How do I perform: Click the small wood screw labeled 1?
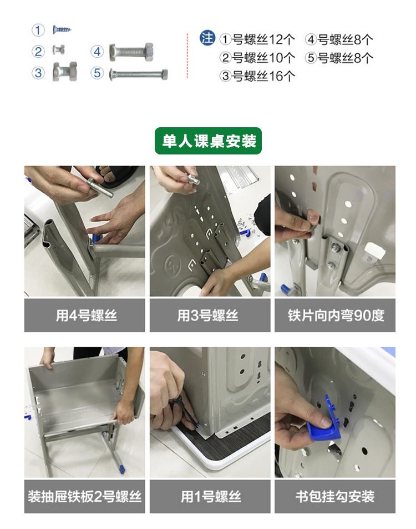pyautogui.click(x=62, y=29)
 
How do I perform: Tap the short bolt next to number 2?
pyautogui.click(x=59, y=50)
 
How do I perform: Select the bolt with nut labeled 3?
pyautogui.click(x=65, y=71)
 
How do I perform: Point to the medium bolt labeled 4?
pyautogui.click(x=131, y=52)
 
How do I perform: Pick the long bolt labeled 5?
pyautogui.click(x=138, y=74)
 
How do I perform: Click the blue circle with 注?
pyautogui.click(x=207, y=38)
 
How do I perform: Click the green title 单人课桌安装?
pyautogui.click(x=208, y=141)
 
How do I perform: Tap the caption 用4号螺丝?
pyautogui.click(x=86, y=316)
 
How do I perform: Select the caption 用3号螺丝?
pyautogui.click(x=208, y=316)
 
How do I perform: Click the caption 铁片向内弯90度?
pyautogui.click(x=336, y=316)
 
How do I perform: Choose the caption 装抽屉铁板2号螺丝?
pyautogui.click(x=84, y=497)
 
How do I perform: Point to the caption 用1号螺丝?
pyautogui.click(x=211, y=497)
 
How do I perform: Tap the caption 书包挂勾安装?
pyautogui.click(x=335, y=497)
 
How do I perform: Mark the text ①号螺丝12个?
pyautogui.click(x=257, y=39)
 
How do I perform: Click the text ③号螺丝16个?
pyautogui.click(x=257, y=76)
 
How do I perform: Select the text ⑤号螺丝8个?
pyautogui.click(x=339, y=58)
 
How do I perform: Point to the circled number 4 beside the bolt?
pyautogui.click(x=98, y=52)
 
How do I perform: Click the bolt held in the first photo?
pyautogui.click(x=100, y=188)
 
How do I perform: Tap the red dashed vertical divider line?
pyautogui.click(x=187, y=56)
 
